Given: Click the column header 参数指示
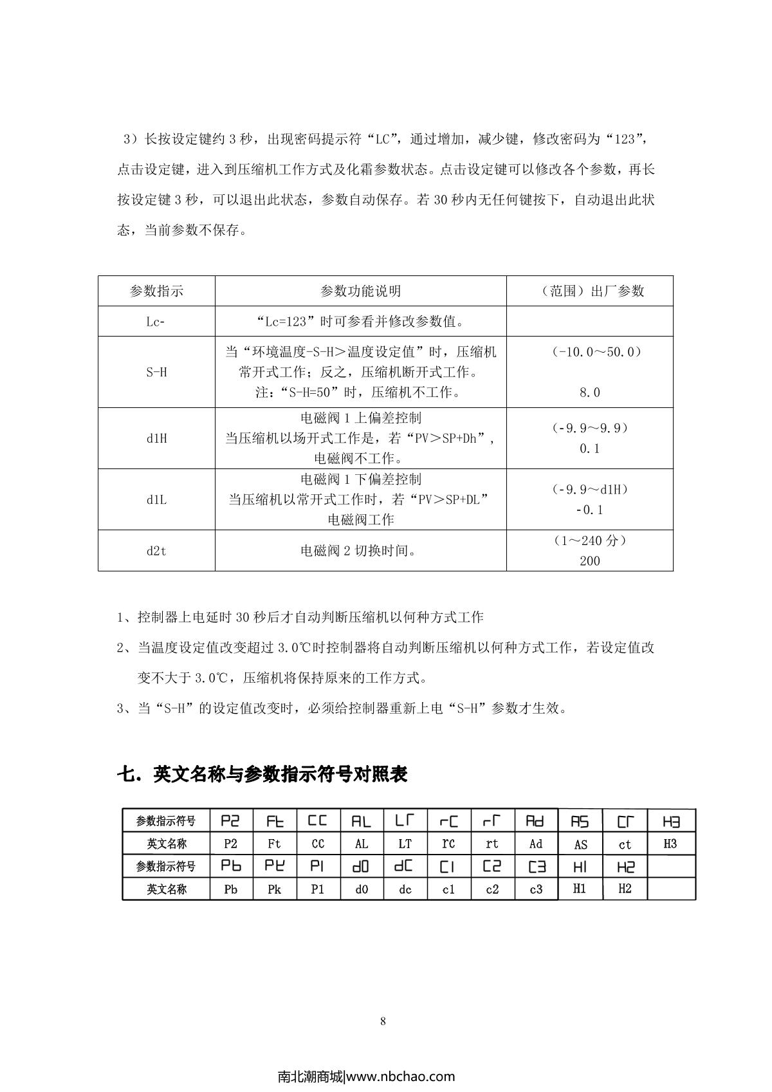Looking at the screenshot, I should coord(156,291).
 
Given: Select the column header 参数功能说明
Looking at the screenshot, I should coord(360,291).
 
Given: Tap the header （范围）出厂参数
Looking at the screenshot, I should coord(589,291).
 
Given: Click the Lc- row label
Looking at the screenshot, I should coord(156,321).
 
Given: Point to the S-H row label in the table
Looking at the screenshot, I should coord(156,372).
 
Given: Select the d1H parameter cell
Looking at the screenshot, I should coord(156,438).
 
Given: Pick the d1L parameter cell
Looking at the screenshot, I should coord(156,499).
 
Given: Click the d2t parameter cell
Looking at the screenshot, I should coord(156,551).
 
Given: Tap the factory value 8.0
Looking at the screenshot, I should coord(589,393).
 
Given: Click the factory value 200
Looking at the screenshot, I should coord(589,561).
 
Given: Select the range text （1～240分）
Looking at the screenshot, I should coord(589,541).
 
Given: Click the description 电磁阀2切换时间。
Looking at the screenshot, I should coord(360,551).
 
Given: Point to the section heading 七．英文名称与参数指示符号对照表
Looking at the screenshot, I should coord(262,774).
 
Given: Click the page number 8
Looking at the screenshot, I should coord(383,1021).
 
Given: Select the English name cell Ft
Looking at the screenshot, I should coord(275,844).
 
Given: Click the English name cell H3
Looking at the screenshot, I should coord(670,843).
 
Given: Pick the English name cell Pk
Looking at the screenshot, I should coord(275,889).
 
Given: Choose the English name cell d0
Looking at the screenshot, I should coord(362,889).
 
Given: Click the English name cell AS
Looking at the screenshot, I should coord(580,844).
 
